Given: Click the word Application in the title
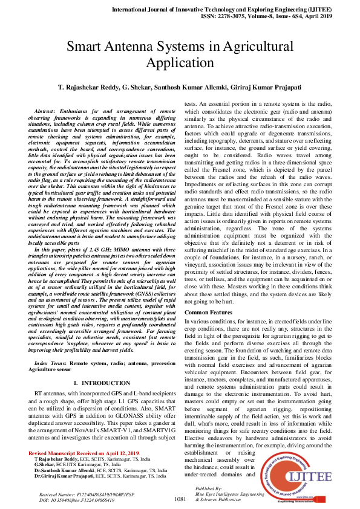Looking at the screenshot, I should (x=180, y=63).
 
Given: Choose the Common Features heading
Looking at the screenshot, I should (x=209, y=312).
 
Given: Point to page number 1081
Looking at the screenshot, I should (x=180, y=499).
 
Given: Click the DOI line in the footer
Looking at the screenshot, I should (x=68, y=501).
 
